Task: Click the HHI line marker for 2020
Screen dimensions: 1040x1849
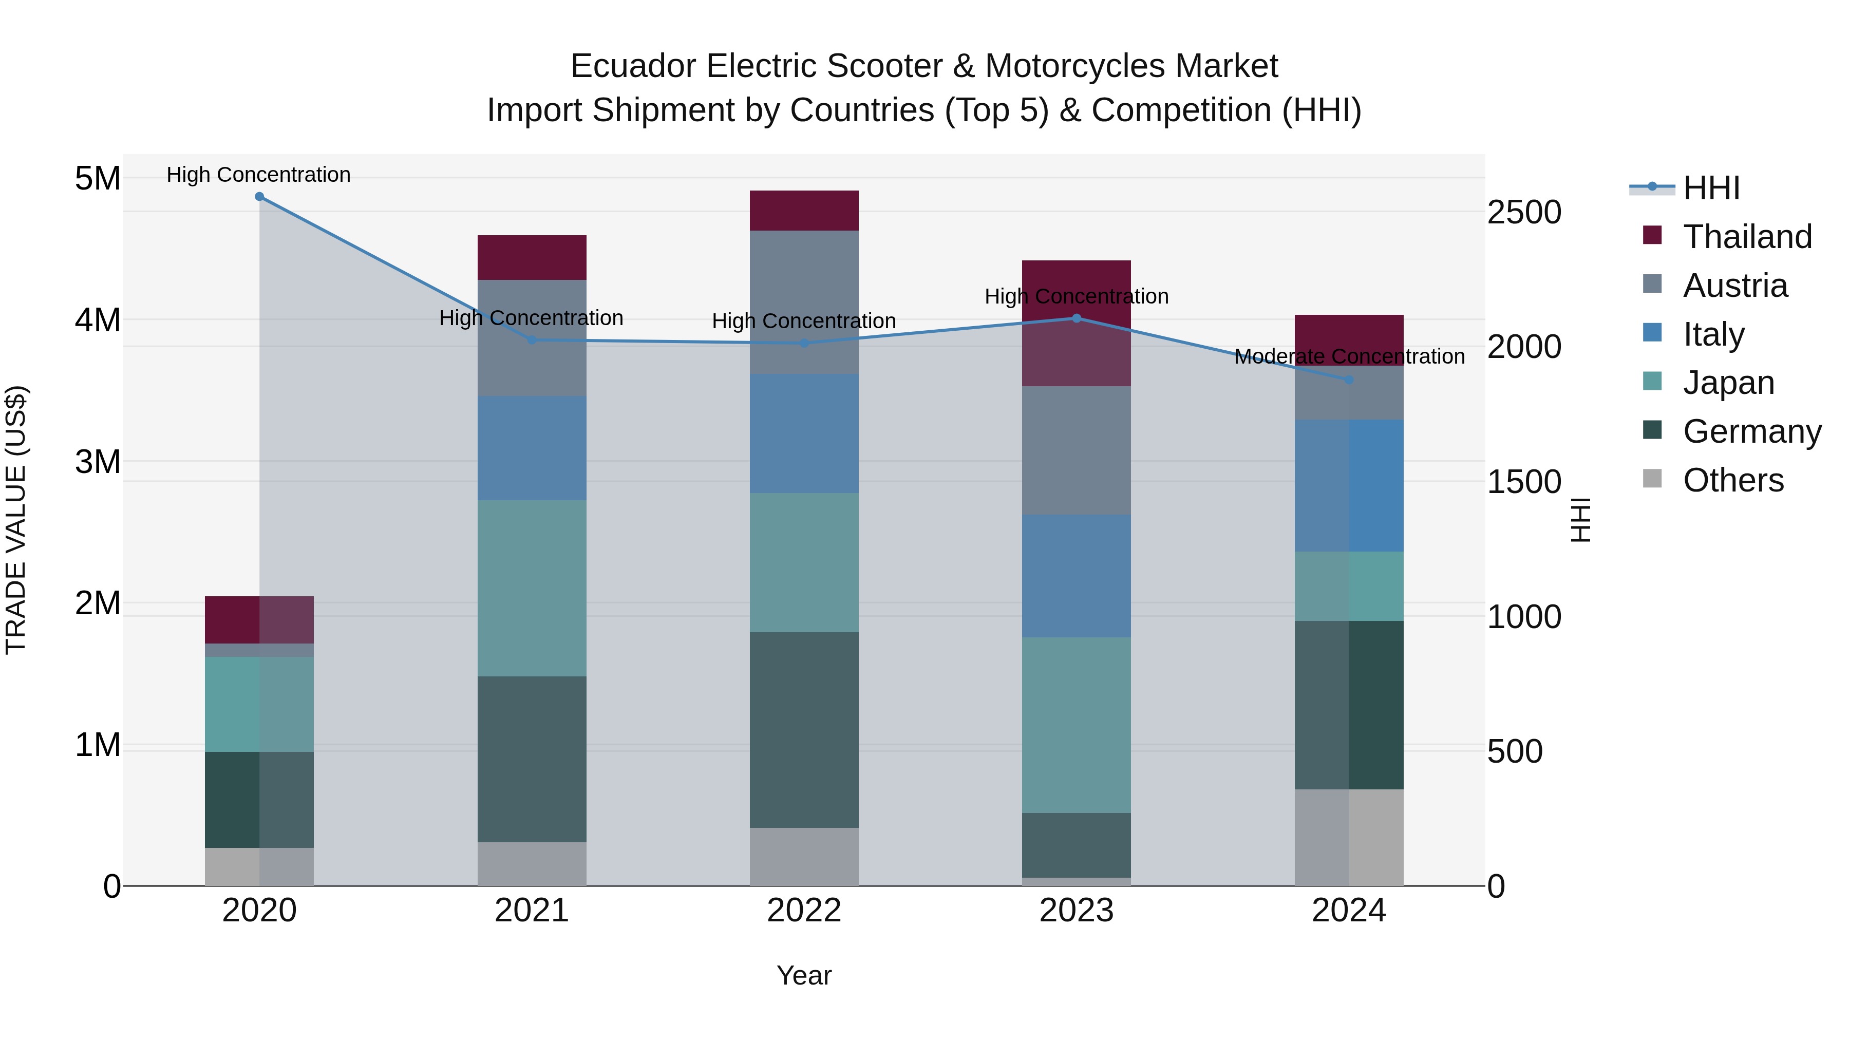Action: click(259, 197)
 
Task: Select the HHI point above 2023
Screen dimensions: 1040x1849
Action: click(1076, 318)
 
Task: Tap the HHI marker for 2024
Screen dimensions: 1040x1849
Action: click(1349, 380)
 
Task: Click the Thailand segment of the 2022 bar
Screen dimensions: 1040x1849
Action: click(804, 210)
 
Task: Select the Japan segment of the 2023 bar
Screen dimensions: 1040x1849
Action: click(1076, 725)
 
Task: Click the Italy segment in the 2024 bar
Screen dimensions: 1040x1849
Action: click(1349, 485)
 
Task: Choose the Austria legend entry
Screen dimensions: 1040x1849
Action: click(1734, 286)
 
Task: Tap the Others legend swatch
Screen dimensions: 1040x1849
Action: click(1652, 479)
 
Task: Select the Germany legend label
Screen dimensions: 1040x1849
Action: click(1751, 431)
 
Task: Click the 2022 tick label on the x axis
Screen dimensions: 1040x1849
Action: click(804, 911)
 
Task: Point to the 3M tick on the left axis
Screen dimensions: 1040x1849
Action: click(98, 462)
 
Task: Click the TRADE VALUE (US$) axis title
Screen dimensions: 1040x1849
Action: click(16, 520)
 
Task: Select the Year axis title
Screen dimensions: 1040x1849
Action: click(804, 975)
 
